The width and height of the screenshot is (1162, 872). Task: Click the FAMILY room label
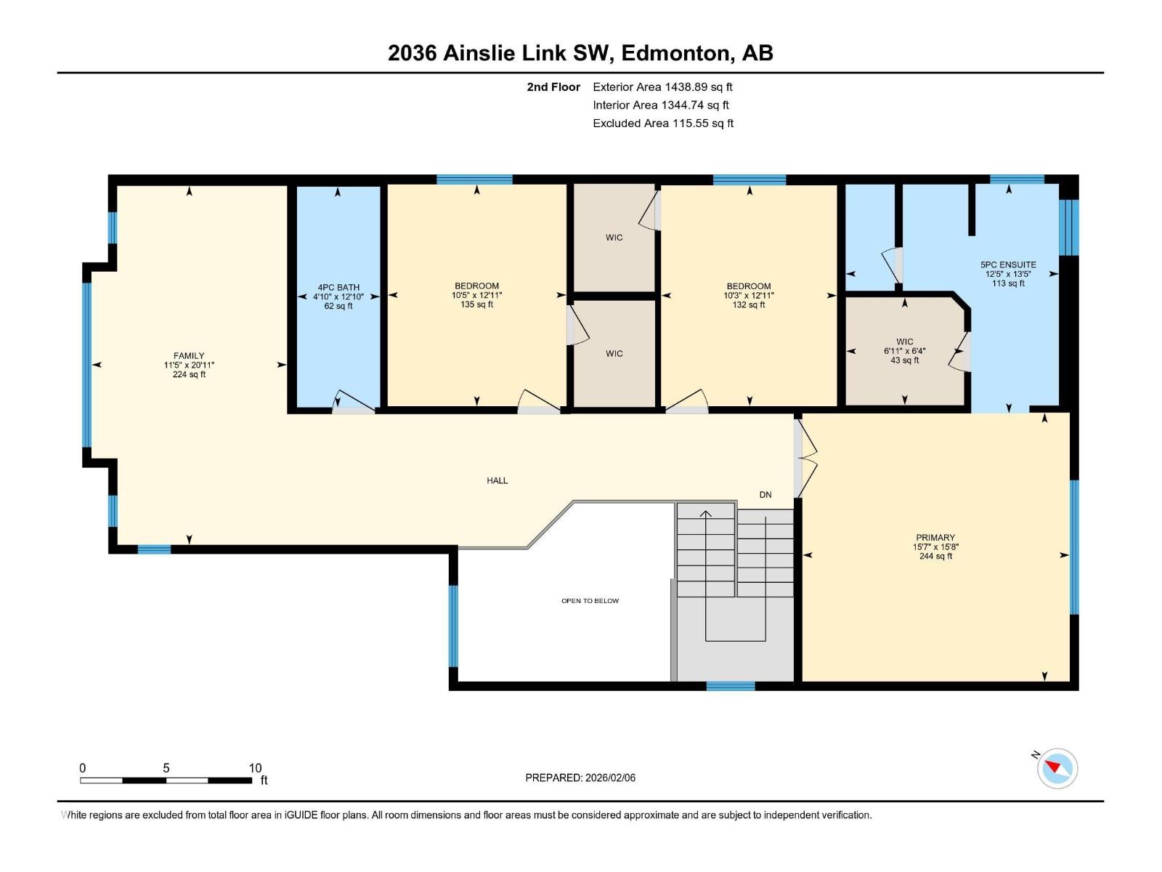coord(189,356)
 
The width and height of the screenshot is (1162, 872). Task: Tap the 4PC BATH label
coord(338,288)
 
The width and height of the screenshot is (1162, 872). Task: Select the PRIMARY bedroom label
coord(935,538)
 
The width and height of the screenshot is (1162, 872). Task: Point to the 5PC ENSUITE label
coord(1008,265)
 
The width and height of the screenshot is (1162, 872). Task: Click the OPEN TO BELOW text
coord(590,601)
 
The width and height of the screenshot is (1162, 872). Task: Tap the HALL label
coord(497,480)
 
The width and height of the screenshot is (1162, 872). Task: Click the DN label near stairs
coord(765,495)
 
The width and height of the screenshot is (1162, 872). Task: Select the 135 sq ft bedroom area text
coord(477,304)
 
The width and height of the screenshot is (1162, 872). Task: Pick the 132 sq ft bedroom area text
coord(749,304)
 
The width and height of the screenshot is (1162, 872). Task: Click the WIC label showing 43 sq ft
coord(905,342)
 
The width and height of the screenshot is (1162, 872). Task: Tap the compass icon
coord(1057,768)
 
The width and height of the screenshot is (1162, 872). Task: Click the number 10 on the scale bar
coord(255,768)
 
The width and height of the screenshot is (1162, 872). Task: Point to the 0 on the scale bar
coord(83,768)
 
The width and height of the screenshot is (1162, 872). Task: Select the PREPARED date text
coord(580,778)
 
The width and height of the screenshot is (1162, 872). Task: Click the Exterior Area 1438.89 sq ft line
coord(662,87)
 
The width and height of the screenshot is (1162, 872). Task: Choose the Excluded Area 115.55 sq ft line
coord(662,124)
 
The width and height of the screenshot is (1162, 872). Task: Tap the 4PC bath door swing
coord(352,402)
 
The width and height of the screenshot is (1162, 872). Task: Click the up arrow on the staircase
coord(705,514)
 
